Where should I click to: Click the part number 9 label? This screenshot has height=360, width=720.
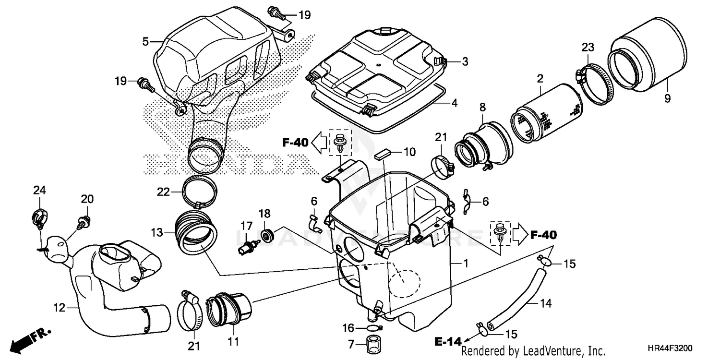[x=668, y=98]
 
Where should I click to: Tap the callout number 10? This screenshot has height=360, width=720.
[x=409, y=153]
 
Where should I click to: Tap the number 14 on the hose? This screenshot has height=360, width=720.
[x=545, y=303]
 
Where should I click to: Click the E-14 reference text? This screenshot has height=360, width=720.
[x=448, y=341]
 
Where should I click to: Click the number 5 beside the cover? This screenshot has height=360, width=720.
[x=145, y=42]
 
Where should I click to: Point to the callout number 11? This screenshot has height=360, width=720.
[x=233, y=342]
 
